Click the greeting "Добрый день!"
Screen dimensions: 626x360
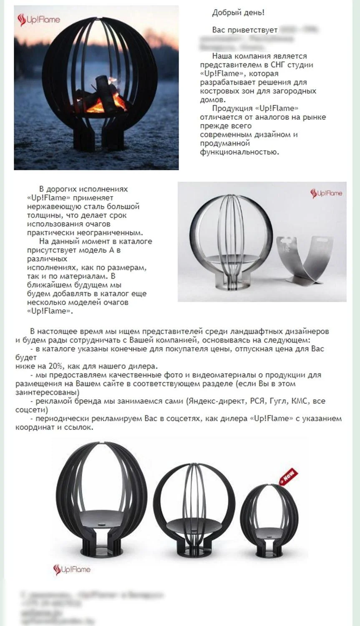238,13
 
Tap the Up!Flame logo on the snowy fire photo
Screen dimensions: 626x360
39,20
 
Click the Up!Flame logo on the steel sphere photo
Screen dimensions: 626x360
326,193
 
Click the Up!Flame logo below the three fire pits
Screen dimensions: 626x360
72,569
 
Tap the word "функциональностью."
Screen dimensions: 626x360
239,152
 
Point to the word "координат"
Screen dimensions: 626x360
34,427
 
